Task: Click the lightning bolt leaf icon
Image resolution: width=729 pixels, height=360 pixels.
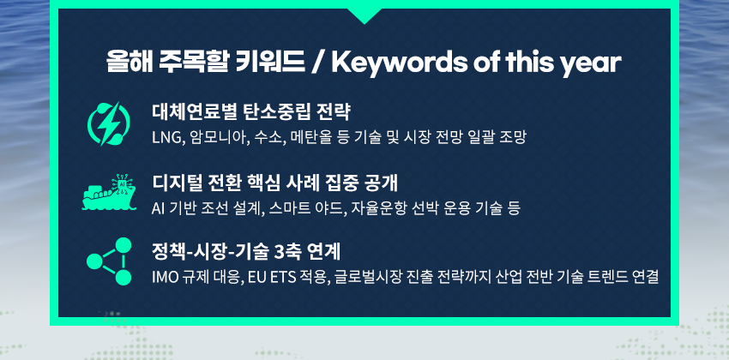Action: pos(109,124)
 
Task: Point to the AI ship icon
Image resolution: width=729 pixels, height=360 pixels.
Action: pos(109,192)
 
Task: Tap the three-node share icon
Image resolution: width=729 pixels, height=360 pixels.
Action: pos(109,261)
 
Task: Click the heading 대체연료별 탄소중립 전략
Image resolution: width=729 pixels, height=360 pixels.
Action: pos(251,111)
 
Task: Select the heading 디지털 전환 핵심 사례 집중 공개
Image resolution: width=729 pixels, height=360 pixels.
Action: pos(274,183)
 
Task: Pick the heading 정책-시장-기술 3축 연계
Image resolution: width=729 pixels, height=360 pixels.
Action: pos(246,252)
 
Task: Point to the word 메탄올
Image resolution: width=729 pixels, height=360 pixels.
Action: pos(306,137)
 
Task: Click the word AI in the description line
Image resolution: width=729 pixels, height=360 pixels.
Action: pos(157,208)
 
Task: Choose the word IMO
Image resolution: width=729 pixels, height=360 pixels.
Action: pos(165,278)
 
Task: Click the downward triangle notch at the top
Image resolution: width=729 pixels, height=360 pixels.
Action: pos(364,15)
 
